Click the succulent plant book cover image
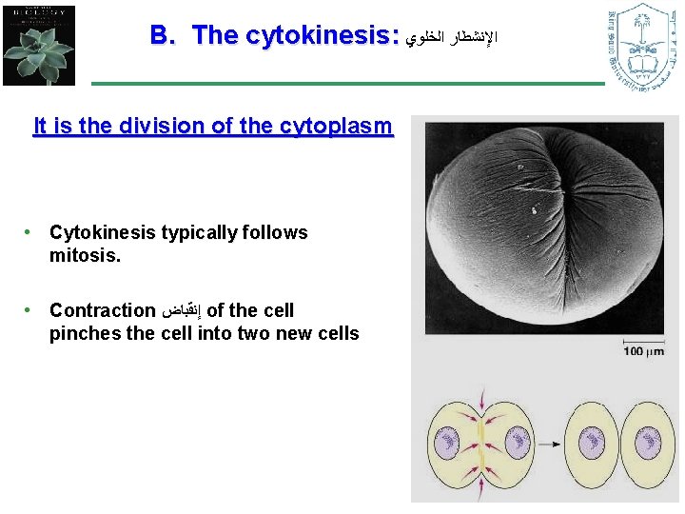pyautogui.click(x=38, y=45)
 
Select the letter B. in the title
pyautogui.click(x=164, y=36)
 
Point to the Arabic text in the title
pyautogui.click(x=451, y=38)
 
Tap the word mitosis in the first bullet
pyautogui.click(x=86, y=255)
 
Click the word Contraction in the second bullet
pyautogui.click(x=102, y=310)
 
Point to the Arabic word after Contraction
pyautogui.click(x=182, y=311)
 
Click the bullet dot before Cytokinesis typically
pyautogui.click(x=31, y=232)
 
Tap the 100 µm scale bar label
pyautogui.click(x=643, y=352)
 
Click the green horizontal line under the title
pyautogui.click(x=347, y=84)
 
